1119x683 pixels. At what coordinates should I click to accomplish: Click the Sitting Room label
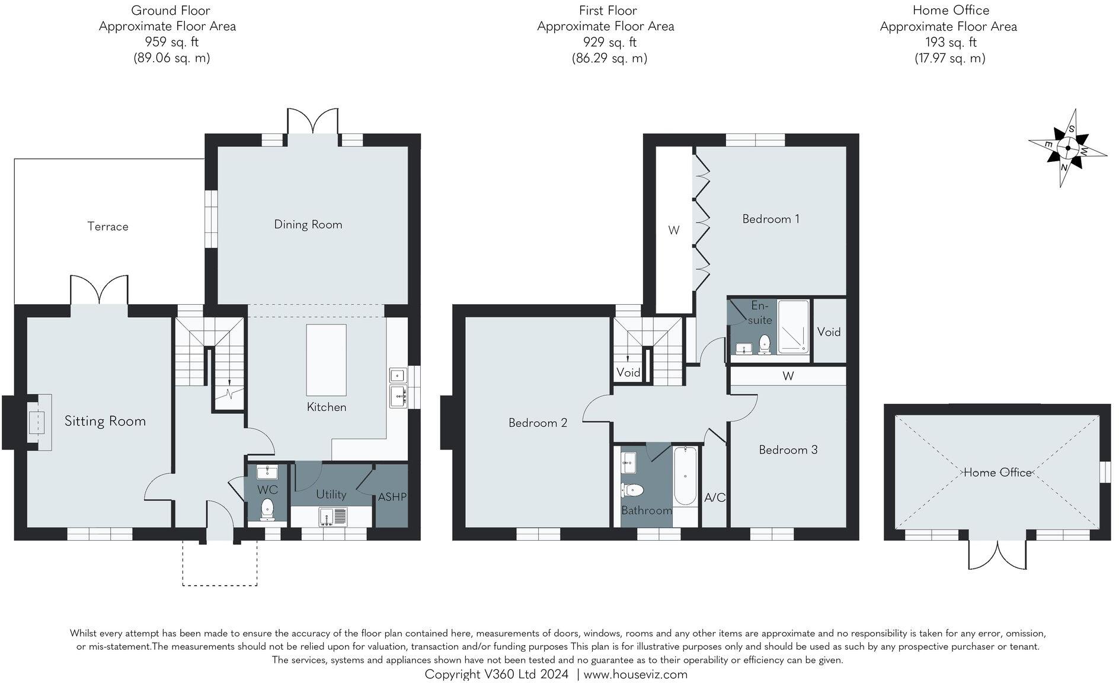[105, 422]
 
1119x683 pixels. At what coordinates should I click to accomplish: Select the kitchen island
[326, 360]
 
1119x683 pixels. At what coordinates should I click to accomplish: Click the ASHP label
[392, 497]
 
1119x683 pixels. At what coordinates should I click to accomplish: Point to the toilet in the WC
[267, 509]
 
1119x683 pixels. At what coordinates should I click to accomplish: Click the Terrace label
[108, 226]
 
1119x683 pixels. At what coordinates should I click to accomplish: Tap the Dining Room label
[308, 225]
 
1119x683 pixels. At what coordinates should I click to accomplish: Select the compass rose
[1067, 148]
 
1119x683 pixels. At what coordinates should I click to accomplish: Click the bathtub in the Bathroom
[686, 475]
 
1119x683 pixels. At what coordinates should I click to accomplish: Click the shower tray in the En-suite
[793, 327]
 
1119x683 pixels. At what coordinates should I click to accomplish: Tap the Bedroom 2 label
[538, 423]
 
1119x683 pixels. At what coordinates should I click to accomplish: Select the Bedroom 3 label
[788, 450]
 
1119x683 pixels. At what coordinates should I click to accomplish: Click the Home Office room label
[997, 473]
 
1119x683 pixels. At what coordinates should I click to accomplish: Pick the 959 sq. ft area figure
[171, 42]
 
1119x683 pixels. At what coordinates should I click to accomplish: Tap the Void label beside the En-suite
[829, 332]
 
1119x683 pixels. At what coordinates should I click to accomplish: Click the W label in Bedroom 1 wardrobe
[673, 230]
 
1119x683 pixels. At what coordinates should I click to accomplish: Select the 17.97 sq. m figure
[949, 58]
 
